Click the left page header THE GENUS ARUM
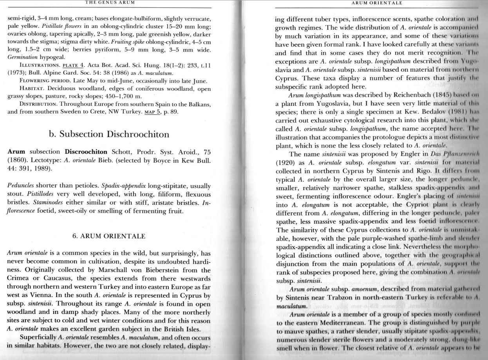click(110, 2)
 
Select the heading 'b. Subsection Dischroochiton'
click(109, 134)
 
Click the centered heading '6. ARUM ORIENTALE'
click(109, 236)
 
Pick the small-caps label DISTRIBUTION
click(37, 104)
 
